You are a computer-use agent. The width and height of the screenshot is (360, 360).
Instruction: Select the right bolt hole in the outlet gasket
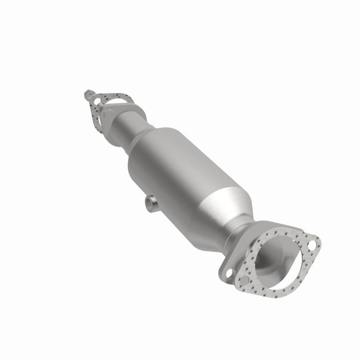click(311, 245)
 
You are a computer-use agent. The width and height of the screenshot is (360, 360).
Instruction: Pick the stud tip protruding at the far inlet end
click(86, 95)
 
